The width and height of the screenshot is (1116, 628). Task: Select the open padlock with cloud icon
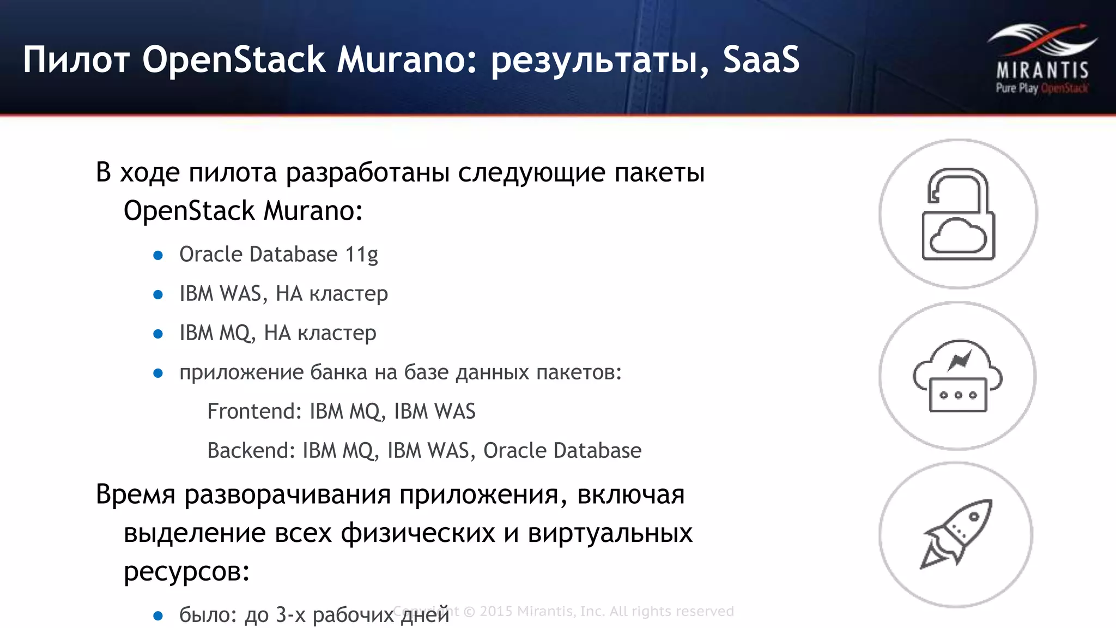[958, 214]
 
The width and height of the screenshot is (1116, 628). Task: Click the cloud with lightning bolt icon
[958, 376]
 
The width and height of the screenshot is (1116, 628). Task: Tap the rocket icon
[957, 534]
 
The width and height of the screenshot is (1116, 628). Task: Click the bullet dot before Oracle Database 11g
[158, 255]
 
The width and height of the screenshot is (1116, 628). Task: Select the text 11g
[361, 255]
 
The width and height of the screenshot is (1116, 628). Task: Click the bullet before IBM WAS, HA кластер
[158, 295]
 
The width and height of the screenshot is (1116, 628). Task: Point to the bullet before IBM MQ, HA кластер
[158, 334]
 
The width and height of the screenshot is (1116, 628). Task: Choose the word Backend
[251, 450]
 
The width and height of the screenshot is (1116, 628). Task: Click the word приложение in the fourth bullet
[240, 373]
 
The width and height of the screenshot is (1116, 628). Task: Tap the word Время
[136, 495]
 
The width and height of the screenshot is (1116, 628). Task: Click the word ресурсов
[186, 571]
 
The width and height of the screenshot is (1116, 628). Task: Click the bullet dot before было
[158, 616]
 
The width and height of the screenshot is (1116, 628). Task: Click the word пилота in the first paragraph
[233, 173]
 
